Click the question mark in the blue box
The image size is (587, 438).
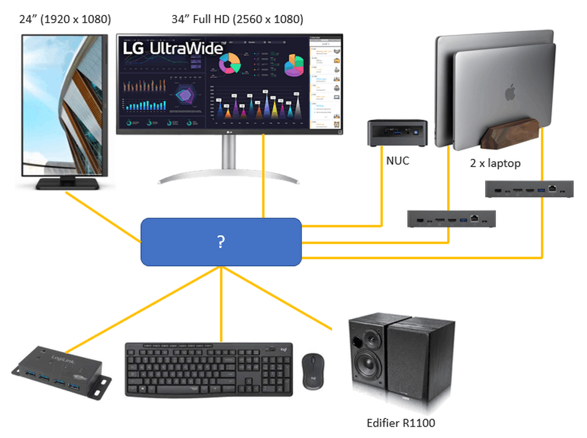click(221, 241)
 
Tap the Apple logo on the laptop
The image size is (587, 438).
click(508, 92)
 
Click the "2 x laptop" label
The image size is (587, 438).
click(495, 163)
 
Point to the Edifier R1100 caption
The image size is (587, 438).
click(401, 423)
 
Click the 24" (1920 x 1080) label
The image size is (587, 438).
click(65, 19)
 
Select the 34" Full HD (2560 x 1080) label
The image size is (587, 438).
click(237, 19)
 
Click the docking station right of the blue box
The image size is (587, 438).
click(451, 219)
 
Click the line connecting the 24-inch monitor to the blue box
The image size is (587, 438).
click(104, 217)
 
